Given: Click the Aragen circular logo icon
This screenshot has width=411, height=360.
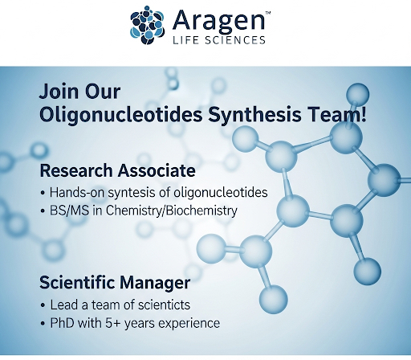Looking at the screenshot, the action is [147, 25].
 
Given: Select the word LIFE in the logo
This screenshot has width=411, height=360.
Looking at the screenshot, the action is [185, 40].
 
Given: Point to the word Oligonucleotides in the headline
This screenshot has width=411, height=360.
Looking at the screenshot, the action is [121, 114].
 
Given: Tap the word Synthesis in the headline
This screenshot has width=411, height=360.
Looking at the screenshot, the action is [254, 114].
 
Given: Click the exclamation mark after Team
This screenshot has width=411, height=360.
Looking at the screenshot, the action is [363, 113].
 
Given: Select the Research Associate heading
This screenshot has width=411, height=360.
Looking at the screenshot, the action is [117, 170].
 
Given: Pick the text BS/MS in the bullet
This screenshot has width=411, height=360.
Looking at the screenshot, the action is [69, 211].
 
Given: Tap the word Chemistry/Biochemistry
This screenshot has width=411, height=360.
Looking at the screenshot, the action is [171, 211].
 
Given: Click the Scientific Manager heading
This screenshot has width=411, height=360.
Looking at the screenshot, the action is [115, 283].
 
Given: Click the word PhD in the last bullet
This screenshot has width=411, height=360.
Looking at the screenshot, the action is [62, 323].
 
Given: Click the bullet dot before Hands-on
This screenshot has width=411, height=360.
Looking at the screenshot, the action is [43, 193].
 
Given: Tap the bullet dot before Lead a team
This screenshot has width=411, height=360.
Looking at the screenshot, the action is [43, 305].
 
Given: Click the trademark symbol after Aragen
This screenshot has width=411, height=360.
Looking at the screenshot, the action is [267, 12].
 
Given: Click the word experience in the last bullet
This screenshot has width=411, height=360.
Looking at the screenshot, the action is [189, 324].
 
